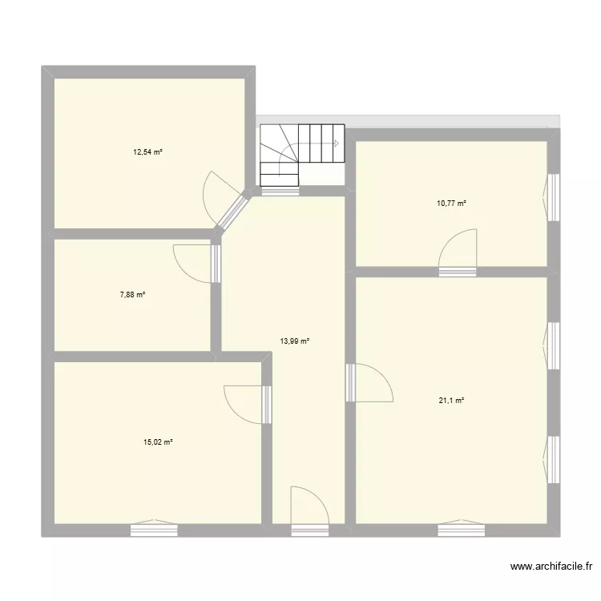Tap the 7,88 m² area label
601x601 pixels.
click(x=132, y=294)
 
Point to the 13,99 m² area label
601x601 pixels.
click(x=295, y=341)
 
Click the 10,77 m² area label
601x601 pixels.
click(x=452, y=204)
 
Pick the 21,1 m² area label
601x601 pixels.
click(x=453, y=401)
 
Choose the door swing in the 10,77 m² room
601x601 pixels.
click(x=458, y=248)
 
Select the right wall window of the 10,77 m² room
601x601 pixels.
click(x=552, y=196)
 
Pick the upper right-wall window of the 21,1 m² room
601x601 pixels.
click(x=552, y=345)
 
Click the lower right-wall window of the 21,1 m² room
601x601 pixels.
click(x=552, y=459)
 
